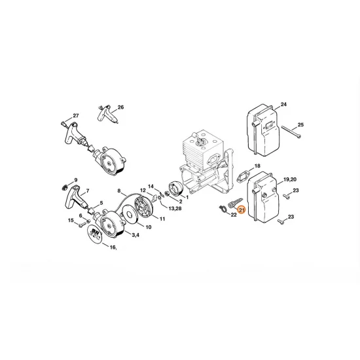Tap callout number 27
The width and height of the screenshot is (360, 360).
tap(76, 115)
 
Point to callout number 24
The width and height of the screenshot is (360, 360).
tap(283, 104)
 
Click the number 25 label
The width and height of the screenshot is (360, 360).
tap(301, 124)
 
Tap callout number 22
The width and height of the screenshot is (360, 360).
tap(233, 214)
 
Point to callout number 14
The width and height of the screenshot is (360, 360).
tap(150, 186)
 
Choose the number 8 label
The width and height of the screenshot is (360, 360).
tap(120, 190)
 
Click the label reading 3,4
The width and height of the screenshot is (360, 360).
tap(135, 234)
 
